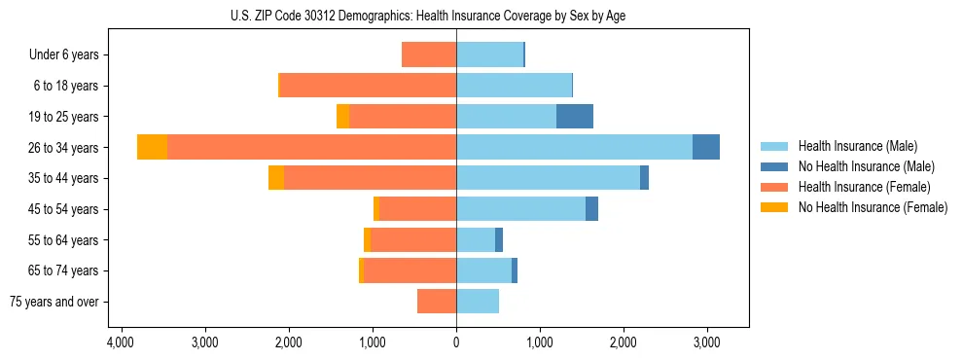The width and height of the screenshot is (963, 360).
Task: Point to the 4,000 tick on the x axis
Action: click(121, 342)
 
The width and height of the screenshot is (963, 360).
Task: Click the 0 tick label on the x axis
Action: click(456, 342)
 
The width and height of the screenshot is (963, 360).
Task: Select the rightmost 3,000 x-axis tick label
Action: click(707, 342)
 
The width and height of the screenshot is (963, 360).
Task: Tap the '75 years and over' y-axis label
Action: click(54, 302)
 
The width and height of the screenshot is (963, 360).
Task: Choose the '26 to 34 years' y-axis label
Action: click(64, 147)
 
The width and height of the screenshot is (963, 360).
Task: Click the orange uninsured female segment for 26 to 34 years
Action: click(152, 147)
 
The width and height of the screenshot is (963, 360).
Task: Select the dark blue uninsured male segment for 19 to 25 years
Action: click(575, 117)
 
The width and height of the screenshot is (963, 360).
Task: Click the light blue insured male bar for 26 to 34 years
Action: click(574, 147)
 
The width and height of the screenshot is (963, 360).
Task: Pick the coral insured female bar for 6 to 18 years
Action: click(368, 86)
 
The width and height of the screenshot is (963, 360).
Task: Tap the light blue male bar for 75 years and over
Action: click(478, 302)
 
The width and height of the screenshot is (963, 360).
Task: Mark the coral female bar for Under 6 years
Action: click(429, 54)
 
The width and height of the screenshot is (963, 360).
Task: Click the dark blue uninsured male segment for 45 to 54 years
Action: click(591, 209)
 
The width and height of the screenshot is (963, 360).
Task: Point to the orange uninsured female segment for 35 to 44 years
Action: click(276, 178)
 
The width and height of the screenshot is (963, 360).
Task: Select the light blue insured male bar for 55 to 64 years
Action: click(476, 240)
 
